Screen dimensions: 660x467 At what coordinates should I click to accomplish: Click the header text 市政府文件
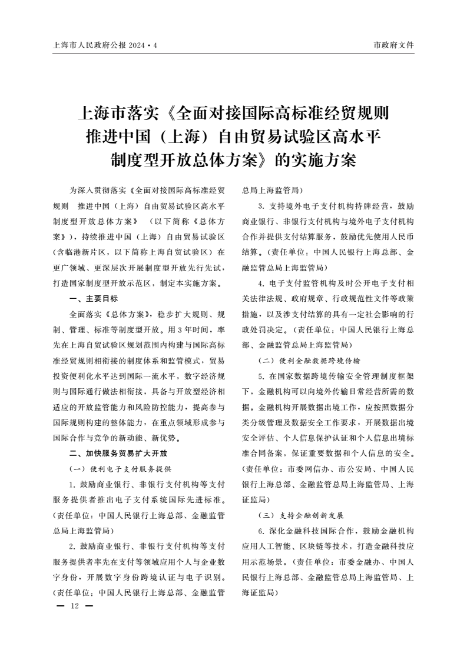click(x=394, y=45)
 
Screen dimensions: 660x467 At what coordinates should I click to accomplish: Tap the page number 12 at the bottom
click(x=74, y=606)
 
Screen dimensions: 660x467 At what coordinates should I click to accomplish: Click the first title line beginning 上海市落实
click(x=233, y=112)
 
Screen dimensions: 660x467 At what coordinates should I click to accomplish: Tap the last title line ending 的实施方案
click(x=233, y=160)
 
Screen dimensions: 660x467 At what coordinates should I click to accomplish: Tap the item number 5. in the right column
click(x=260, y=375)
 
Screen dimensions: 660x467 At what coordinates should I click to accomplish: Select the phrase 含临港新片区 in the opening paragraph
click(x=75, y=252)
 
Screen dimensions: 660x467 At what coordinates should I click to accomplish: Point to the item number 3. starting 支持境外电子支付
click(x=260, y=206)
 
